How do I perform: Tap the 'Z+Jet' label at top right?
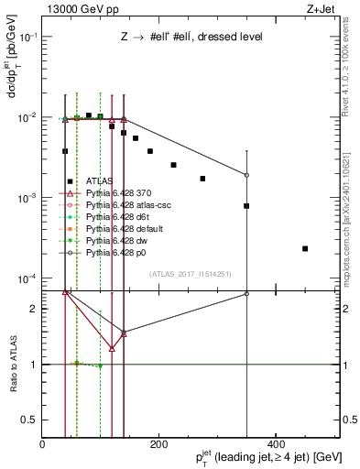point(322,9)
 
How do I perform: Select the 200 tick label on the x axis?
point(158,442)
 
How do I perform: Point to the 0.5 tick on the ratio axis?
point(31,420)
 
